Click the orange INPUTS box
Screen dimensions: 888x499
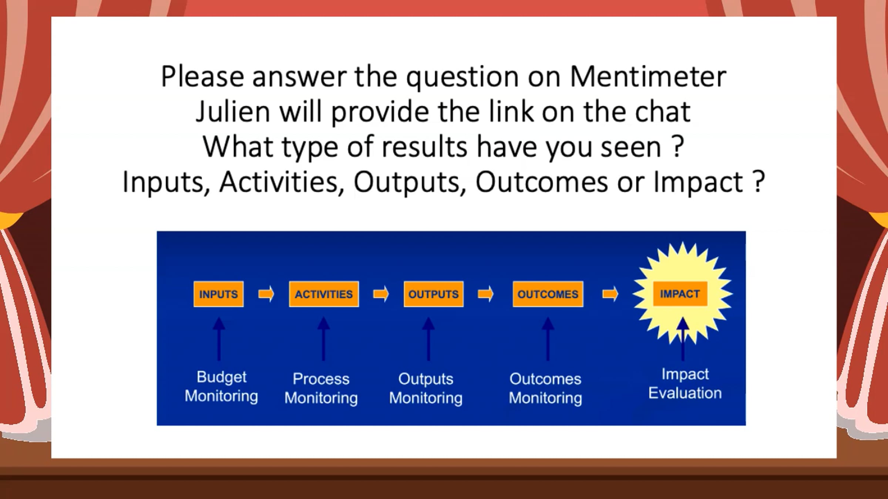pyautogui.click(x=218, y=294)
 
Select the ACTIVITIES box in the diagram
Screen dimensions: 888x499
pyautogui.click(x=324, y=294)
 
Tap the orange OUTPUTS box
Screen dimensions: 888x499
pyautogui.click(x=433, y=294)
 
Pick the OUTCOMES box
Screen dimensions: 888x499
pyautogui.click(x=548, y=294)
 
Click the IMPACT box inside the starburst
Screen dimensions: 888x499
pyautogui.click(x=680, y=294)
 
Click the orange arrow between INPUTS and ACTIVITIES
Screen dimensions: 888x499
pyautogui.click(x=266, y=294)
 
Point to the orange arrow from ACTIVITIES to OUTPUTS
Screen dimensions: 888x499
pyautogui.click(x=381, y=294)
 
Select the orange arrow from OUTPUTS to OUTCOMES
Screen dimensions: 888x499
pyautogui.click(x=486, y=294)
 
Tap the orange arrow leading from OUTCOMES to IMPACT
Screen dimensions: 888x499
pyautogui.click(x=610, y=294)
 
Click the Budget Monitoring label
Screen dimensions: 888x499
pyautogui.click(x=221, y=386)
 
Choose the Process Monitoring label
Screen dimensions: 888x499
pyautogui.click(x=321, y=388)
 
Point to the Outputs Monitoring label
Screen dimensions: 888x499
pyautogui.click(x=426, y=388)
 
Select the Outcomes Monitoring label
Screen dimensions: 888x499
pyautogui.click(x=545, y=388)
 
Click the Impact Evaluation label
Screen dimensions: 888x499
pyautogui.click(x=685, y=383)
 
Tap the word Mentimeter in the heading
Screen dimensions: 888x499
pyautogui.click(x=648, y=77)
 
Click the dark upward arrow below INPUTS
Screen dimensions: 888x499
pyautogui.click(x=219, y=339)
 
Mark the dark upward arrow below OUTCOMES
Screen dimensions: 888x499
pyautogui.click(x=548, y=339)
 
